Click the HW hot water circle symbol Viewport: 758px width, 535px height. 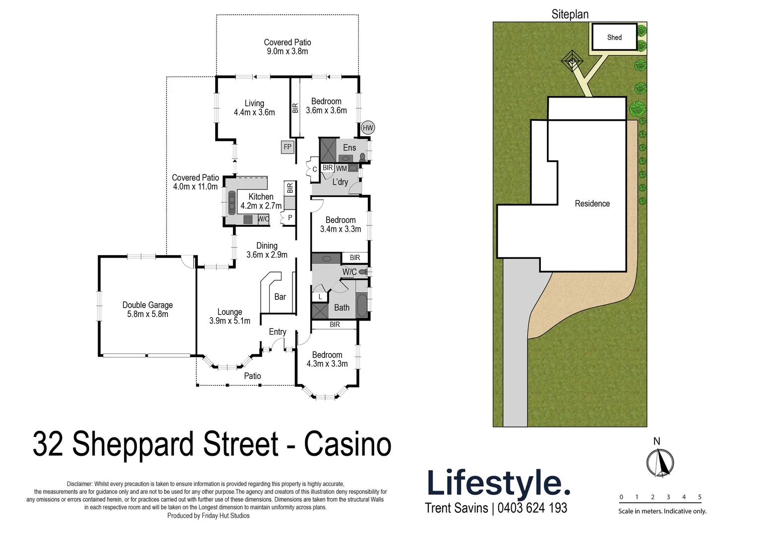tap(367, 128)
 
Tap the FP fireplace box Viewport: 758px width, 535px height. tap(288, 147)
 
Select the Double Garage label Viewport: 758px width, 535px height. tap(147, 305)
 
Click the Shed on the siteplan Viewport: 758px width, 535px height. tap(614, 37)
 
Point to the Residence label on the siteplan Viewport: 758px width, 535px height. tap(592, 204)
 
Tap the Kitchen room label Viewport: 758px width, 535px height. tap(261, 197)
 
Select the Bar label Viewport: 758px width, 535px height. tap(280, 297)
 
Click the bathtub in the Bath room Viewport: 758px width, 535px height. tap(362, 306)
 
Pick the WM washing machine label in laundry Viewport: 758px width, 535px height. tap(342, 168)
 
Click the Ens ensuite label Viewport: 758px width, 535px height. tap(350, 148)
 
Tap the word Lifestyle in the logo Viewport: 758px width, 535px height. tap(497, 483)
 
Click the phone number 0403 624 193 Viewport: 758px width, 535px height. tap(532, 508)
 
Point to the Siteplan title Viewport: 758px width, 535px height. tap(570, 14)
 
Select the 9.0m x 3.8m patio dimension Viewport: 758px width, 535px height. tap(288, 52)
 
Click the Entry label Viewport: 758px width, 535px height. tap(278, 332)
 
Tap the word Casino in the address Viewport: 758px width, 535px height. tap(348, 444)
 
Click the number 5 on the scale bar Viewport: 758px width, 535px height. tap(700, 497)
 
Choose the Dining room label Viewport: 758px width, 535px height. tap(267, 246)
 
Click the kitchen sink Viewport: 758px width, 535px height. tap(232, 202)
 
